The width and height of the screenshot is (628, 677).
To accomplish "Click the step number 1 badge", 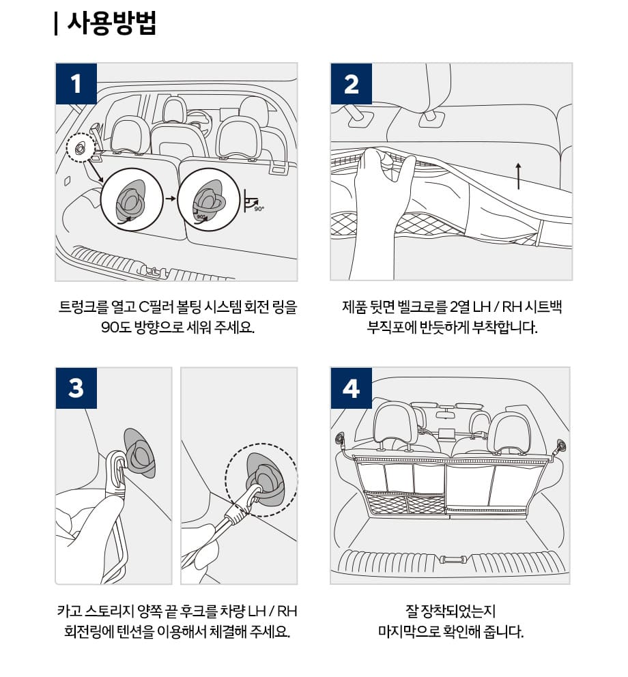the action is tap(76, 83).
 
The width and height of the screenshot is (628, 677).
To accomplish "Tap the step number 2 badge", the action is tap(352, 83).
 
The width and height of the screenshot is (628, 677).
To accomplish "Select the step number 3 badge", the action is tap(76, 388).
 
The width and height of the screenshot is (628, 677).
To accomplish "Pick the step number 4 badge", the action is tap(352, 388).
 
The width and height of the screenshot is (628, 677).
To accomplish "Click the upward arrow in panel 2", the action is tap(518, 175).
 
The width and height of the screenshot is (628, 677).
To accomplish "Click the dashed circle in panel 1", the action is tap(80, 147).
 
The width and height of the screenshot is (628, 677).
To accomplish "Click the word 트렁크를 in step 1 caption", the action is tap(84, 306).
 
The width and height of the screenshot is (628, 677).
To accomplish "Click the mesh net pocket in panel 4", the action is tap(405, 503).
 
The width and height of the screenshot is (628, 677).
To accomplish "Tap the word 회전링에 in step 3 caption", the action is tap(86, 631).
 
